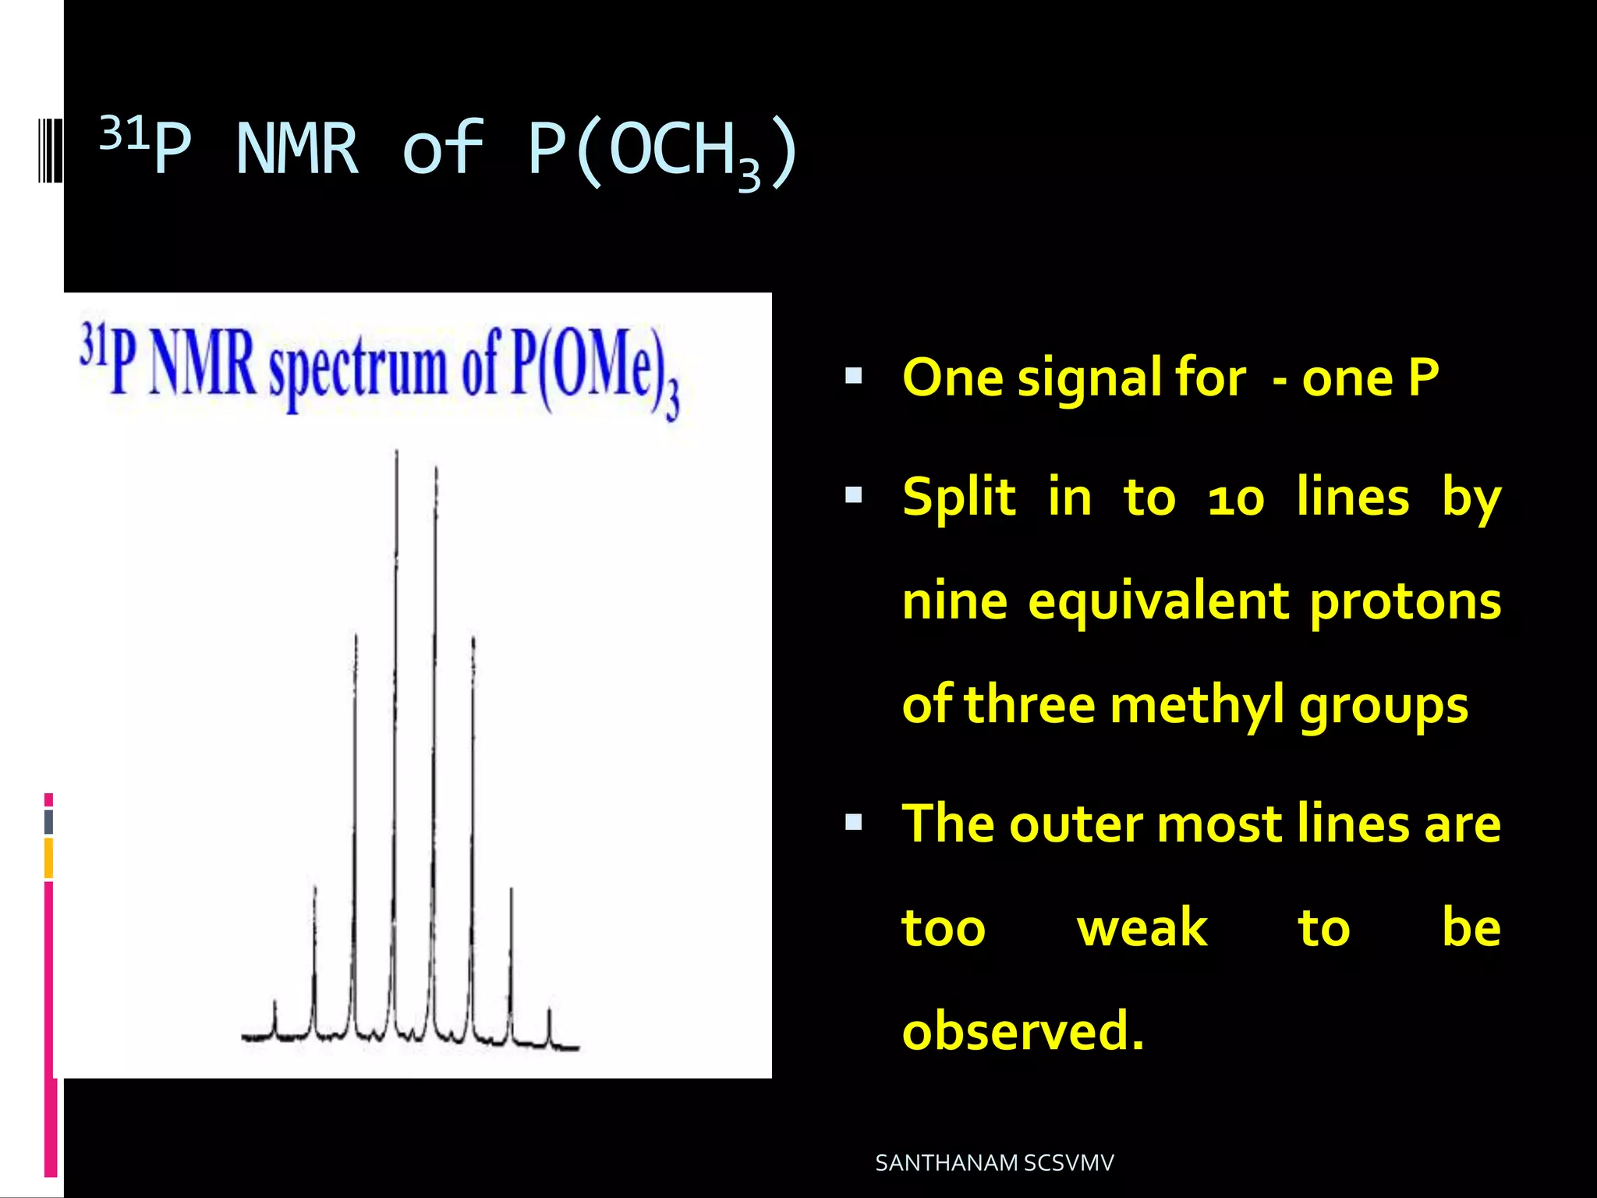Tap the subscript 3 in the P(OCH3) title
pyautogui.click(x=749, y=177)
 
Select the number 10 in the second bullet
pyautogui.click(x=1235, y=500)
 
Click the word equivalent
pyautogui.click(x=1158, y=602)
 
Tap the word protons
pyautogui.click(x=1405, y=602)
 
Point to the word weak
pyautogui.click(x=1142, y=928)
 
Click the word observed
pyautogui.click(x=1022, y=1031)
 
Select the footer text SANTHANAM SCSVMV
pyautogui.click(x=994, y=1163)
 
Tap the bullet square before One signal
pyautogui.click(x=853, y=377)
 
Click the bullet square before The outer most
pyautogui.click(x=853, y=822)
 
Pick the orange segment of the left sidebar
pyautogui.click(x=48, y=858)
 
